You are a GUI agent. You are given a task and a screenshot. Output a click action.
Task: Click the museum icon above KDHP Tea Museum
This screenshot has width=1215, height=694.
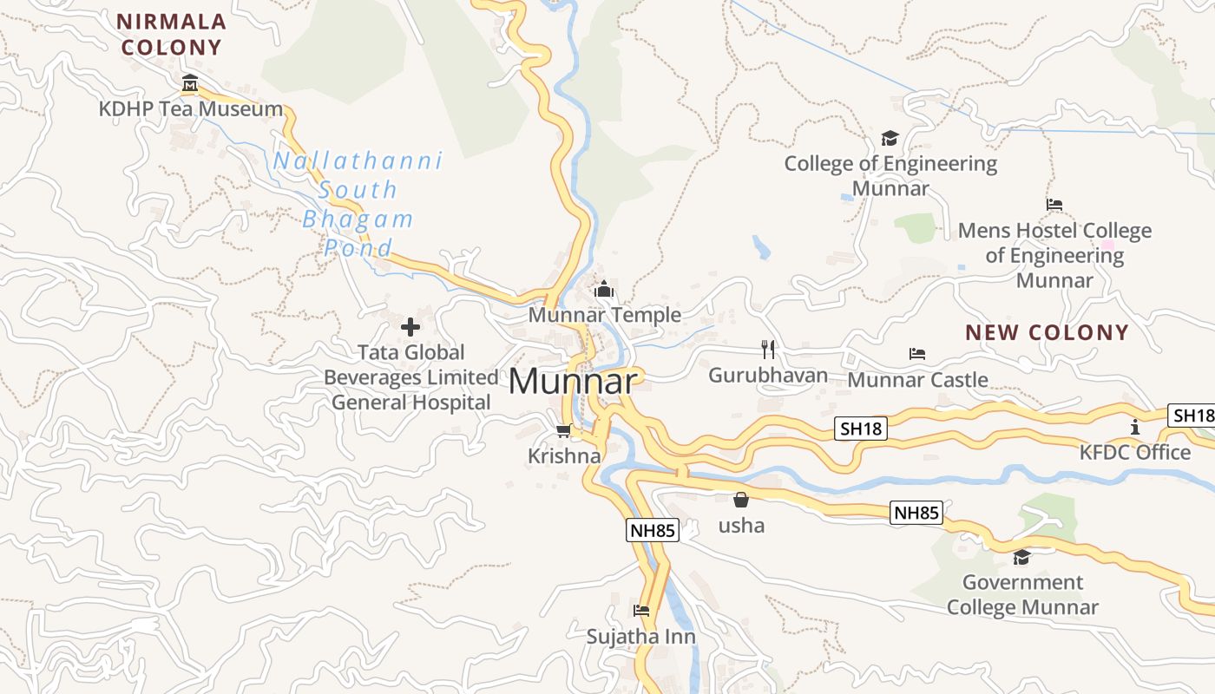click(x=190, y=84)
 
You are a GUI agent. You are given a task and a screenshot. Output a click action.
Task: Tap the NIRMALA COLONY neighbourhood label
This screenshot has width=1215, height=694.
click(x=172, y=35)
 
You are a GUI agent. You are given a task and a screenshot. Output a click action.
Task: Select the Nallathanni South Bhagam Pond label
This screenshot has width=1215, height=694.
click(x=358, y=204)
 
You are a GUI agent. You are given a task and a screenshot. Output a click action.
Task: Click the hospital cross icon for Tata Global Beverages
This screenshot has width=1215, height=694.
click(x=410, y=327)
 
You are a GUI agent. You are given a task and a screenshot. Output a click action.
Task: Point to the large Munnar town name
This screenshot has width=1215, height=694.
click(x=574, y=381)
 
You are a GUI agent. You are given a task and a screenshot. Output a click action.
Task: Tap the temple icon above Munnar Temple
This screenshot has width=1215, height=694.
click(x=604, y=289)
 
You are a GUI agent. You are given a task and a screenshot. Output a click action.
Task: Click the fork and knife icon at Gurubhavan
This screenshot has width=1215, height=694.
click(x=767, y=350)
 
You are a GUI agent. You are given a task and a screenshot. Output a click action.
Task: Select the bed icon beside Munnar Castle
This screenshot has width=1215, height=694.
click(x=917, y=353)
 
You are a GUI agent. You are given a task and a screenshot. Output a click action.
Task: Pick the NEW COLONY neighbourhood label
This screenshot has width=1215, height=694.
click(x=1047, y=332)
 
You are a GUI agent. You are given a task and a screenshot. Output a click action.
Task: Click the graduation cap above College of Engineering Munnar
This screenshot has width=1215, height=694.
click(x=890, y=138)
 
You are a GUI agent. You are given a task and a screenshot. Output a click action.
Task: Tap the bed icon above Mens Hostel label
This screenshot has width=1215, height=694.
click(x=1054, y=205)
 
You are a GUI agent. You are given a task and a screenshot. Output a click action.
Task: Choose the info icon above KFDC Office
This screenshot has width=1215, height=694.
click(x=1135, y=427)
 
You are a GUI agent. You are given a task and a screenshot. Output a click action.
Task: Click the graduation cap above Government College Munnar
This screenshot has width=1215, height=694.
click(x=1021, y=557)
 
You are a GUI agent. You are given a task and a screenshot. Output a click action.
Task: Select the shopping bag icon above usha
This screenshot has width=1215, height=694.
click(x=741, y=500)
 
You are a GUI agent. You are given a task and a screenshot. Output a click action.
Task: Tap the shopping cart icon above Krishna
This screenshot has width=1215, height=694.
click(x=563, y=430)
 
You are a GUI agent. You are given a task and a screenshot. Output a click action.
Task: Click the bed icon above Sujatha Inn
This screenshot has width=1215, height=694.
click(x=641, y=611)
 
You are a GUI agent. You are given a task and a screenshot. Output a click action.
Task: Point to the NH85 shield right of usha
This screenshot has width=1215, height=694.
click(x=916, y=513)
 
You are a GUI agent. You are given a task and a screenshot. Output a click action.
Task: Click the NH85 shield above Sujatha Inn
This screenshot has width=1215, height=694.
click(x=652, y=530)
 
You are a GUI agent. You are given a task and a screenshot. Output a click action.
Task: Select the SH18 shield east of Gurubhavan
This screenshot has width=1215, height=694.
click(x=861, y=428)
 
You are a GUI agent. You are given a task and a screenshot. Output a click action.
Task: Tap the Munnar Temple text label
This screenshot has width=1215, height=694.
click(x=605, y=315)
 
